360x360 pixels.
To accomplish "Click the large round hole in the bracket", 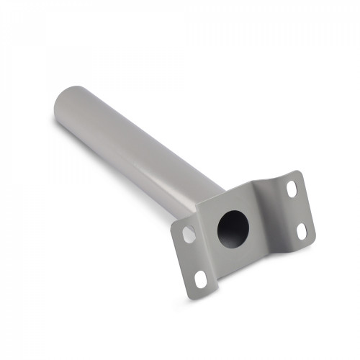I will tap(233, 229).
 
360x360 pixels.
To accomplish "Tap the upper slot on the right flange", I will tap(291, 189).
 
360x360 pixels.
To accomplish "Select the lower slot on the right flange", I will tap(302, 230).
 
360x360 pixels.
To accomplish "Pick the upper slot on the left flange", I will tap(189, 234).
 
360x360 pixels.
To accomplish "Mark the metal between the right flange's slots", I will tap(297, 210).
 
